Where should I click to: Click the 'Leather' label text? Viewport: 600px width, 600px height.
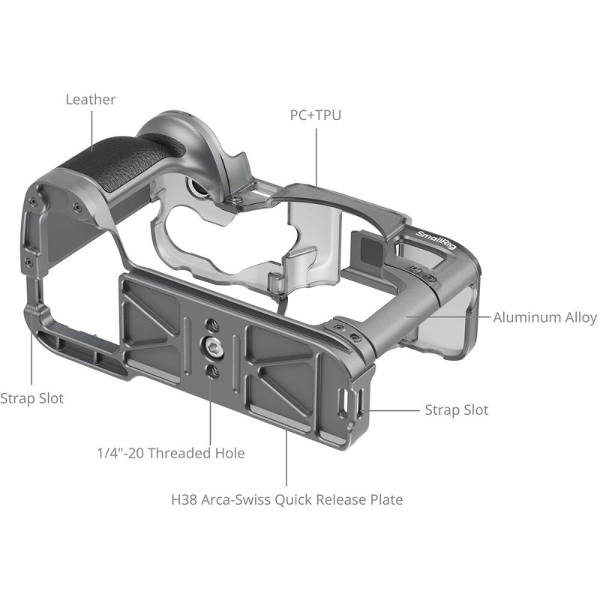[91, 99]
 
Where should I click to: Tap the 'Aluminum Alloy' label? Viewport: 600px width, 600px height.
[544, 317]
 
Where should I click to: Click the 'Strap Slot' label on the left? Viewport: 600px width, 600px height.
[31, 398]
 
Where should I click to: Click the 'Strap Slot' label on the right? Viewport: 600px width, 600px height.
[456, 409]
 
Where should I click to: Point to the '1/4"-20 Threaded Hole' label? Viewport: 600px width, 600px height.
[171, 453]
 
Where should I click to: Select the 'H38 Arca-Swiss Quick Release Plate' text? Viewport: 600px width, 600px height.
[286, 499]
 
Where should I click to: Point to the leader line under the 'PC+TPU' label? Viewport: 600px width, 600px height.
[316, 157]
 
